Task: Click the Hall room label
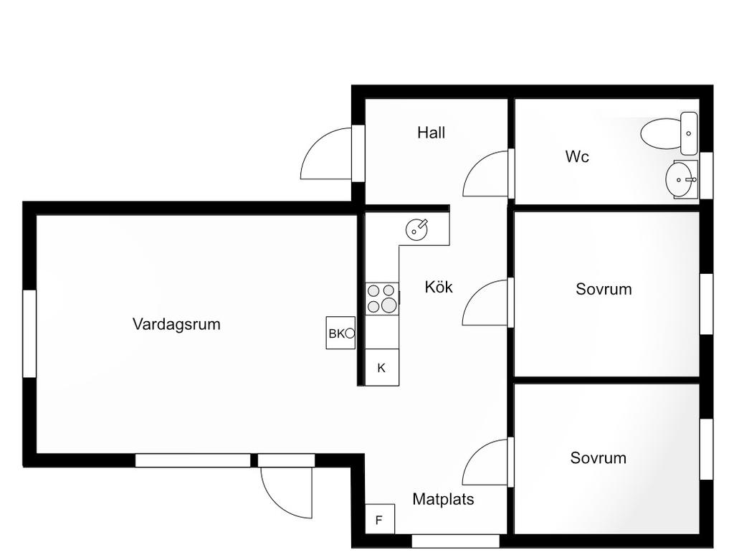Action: pyautogui.click(x=431, y=133)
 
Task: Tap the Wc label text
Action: pyautogui.click(x=577, y=156)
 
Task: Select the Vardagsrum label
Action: pyautogui.click(x=176, y=324)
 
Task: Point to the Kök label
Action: pyautogui.click(x=439, y=287)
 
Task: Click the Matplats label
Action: pyautogui.click(x=443, y=499)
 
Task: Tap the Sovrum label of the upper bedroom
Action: pyautogui.click(x=604, y=290)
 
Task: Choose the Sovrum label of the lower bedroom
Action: pyautogui.click(x=598, y=458)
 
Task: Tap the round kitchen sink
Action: pyautogui.click(x=417, y=229)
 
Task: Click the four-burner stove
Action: pyautogui.click(x=382, y=298)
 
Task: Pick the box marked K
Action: pyautogui.click(x=381, y=368)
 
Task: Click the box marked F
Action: pyautogui.click(x=379, y=520)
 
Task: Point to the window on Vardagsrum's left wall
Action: pyautogui.click(x=29, y=333)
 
